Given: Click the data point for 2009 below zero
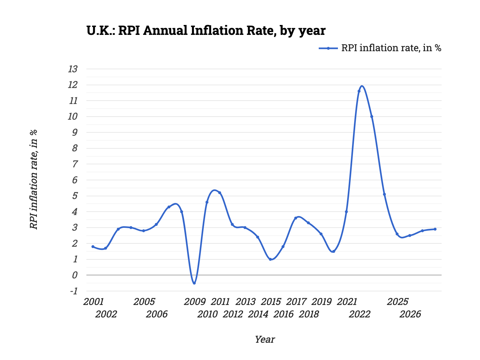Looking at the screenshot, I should point(194,283).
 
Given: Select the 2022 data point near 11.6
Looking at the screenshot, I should point(359,91).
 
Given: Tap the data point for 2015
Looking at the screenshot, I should point(270,260).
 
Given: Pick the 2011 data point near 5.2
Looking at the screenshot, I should point(220,193).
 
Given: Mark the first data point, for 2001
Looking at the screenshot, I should point(93,247).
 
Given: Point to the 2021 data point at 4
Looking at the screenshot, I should point(346,212).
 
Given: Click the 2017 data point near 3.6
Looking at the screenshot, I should point(296,218).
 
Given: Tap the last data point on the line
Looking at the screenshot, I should point(435,229).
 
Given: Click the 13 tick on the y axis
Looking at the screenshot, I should point(73,69).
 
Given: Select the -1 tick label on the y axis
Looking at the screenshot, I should point(73,291).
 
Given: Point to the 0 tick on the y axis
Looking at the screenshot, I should point(75,275).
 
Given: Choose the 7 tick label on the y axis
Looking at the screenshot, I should point(75,164).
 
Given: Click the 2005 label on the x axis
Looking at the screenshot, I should point(144,302).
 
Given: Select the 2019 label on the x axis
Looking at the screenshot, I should point(321,302).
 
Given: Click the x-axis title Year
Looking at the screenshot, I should point(265,340).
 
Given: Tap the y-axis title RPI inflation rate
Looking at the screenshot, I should point(34,179).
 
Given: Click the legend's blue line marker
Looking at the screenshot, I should point(328,48).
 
